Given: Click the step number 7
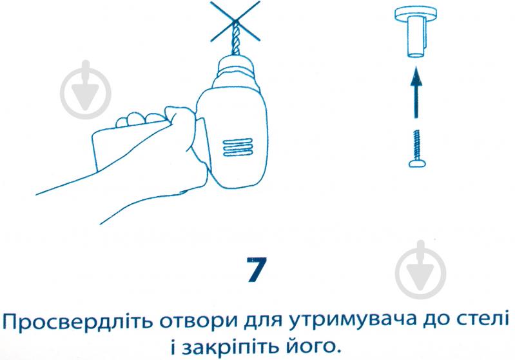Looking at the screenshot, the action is coord(257,270).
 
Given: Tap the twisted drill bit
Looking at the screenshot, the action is coord(235,39).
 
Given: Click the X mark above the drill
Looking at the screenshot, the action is coord(235,21).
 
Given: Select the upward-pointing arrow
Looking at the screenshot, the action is coord(416,92).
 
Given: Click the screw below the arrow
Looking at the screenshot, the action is coord(417,148).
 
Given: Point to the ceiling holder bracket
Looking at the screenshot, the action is coord(415,32).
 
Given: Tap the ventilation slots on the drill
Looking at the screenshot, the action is coord(238,147).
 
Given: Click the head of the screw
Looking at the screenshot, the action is coord(417,163).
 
